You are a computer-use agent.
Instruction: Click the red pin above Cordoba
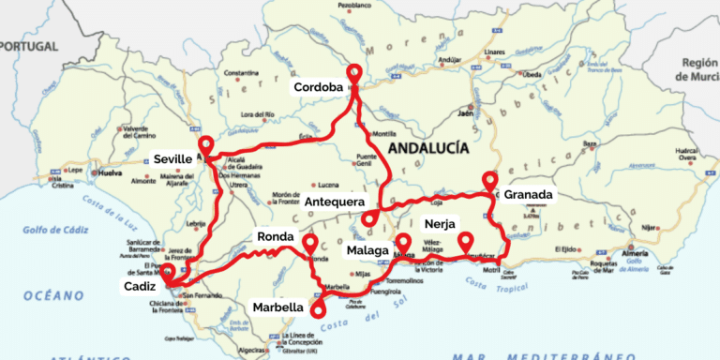point(354,73)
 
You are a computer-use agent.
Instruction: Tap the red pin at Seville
point(206,145)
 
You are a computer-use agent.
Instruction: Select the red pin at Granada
point(489,179)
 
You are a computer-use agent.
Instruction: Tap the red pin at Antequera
point(370,217)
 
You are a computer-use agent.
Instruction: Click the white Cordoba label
point(318,88)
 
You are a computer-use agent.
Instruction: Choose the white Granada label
point(529,196)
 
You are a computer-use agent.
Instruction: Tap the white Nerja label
point(440,225)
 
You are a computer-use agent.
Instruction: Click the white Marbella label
point(278,307)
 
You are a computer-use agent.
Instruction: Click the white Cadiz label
point(139,286)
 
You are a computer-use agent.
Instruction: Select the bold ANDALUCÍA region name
point(434,148)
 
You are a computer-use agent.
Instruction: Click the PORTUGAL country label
point(28,45)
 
